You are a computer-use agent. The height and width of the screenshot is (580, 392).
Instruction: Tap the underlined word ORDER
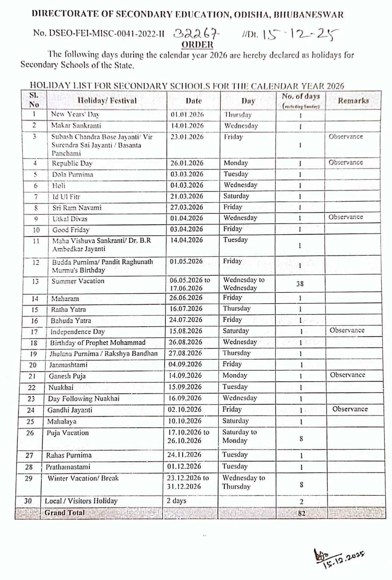click(197, 45)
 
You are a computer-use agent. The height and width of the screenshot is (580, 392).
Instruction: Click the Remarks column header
click(353, 101)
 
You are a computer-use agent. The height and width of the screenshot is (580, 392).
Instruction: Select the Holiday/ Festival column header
click(107, 101)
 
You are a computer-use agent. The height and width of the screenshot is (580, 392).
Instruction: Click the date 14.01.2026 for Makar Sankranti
click(187, 126)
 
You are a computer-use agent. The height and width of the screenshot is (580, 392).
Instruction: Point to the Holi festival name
click(59, 185)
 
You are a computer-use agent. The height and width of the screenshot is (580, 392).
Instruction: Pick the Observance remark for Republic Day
click(346, 163)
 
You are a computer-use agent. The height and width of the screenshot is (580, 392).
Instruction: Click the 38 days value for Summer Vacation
click(300, 284)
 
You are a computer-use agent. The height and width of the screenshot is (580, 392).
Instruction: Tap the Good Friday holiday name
click(71, 230)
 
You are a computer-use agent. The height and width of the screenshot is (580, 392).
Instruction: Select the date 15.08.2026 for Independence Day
click(186, 331)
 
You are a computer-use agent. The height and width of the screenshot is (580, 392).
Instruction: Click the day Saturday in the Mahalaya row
click(236, 421)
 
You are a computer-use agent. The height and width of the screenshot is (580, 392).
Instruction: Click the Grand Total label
click(65, 513)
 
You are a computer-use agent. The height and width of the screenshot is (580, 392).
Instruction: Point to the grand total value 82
click(301, 513)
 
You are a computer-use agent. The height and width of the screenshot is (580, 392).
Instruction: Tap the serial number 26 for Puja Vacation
click(30, 433)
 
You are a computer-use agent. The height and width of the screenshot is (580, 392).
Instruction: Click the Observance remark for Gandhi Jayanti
click(350, 409)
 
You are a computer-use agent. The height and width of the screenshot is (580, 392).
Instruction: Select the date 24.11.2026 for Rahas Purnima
click(184, 455)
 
